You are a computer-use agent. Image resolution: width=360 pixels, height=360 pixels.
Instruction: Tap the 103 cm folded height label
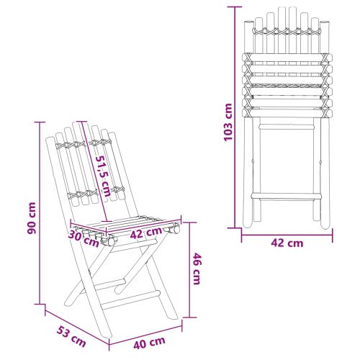pyautogui.click(x=228, y=122)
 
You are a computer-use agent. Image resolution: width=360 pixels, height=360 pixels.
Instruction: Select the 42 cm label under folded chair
pyautogui.click(x=287, y=243)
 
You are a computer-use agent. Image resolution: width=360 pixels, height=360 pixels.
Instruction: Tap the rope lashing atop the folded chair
pyautogui.click(x=287, y=32)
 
